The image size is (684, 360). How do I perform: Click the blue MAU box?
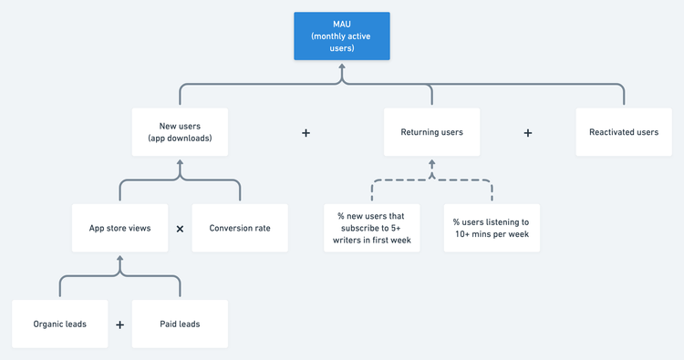click(x=342, y=36)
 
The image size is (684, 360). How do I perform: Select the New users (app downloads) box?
click(x=180, y=132)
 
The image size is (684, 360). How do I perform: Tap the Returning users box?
click(x=431, y=132)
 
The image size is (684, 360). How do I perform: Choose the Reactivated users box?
click(x=624, y=132)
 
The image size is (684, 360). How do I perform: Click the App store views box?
click(x=119, y=228)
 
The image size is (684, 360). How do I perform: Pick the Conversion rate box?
click(x=240, y=228)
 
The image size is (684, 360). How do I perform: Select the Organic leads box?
click(x=59, y=324)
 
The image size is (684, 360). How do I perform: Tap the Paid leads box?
click(x=180, y=324)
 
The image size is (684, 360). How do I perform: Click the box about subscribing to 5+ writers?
click(x=372, y=228)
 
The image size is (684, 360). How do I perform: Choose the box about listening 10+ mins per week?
click(x=492, y=228)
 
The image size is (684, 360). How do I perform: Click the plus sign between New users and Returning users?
click(x=306, y=133)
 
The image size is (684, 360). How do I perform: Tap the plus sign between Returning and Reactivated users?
click(x=528, y=133)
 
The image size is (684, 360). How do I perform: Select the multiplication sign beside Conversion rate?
click(x=180, y=229)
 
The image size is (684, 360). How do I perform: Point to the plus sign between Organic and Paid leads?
click(x=119, y=324)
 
